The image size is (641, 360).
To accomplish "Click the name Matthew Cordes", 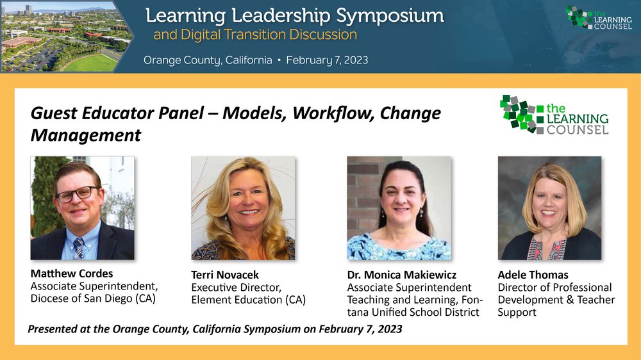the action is [72, 274].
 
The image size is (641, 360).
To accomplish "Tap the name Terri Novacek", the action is [225, 275].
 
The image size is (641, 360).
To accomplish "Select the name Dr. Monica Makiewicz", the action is [401, 275].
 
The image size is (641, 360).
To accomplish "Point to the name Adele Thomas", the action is [533, 275].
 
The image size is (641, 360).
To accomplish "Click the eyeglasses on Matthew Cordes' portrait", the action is [78, 194].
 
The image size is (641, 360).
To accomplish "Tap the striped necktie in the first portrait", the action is [78, 249].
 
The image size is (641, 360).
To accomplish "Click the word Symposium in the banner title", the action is [390, 17].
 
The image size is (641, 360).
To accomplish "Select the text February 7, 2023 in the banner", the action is [327, 60].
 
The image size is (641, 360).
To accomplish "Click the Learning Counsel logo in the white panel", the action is [554, 115].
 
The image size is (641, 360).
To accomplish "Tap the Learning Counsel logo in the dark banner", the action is [599, 17].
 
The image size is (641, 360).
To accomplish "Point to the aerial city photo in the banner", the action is [65, 37].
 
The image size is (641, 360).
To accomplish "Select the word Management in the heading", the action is [86, 135].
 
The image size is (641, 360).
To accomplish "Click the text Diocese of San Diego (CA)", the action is [93, 299].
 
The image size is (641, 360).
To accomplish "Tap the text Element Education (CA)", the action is [249, 300].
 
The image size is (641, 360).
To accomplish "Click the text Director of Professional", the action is [554, 287].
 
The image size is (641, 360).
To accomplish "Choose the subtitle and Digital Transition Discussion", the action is [255, 35].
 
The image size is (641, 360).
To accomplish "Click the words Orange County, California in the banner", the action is [208, 60].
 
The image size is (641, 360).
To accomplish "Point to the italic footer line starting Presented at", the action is [215, 329].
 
